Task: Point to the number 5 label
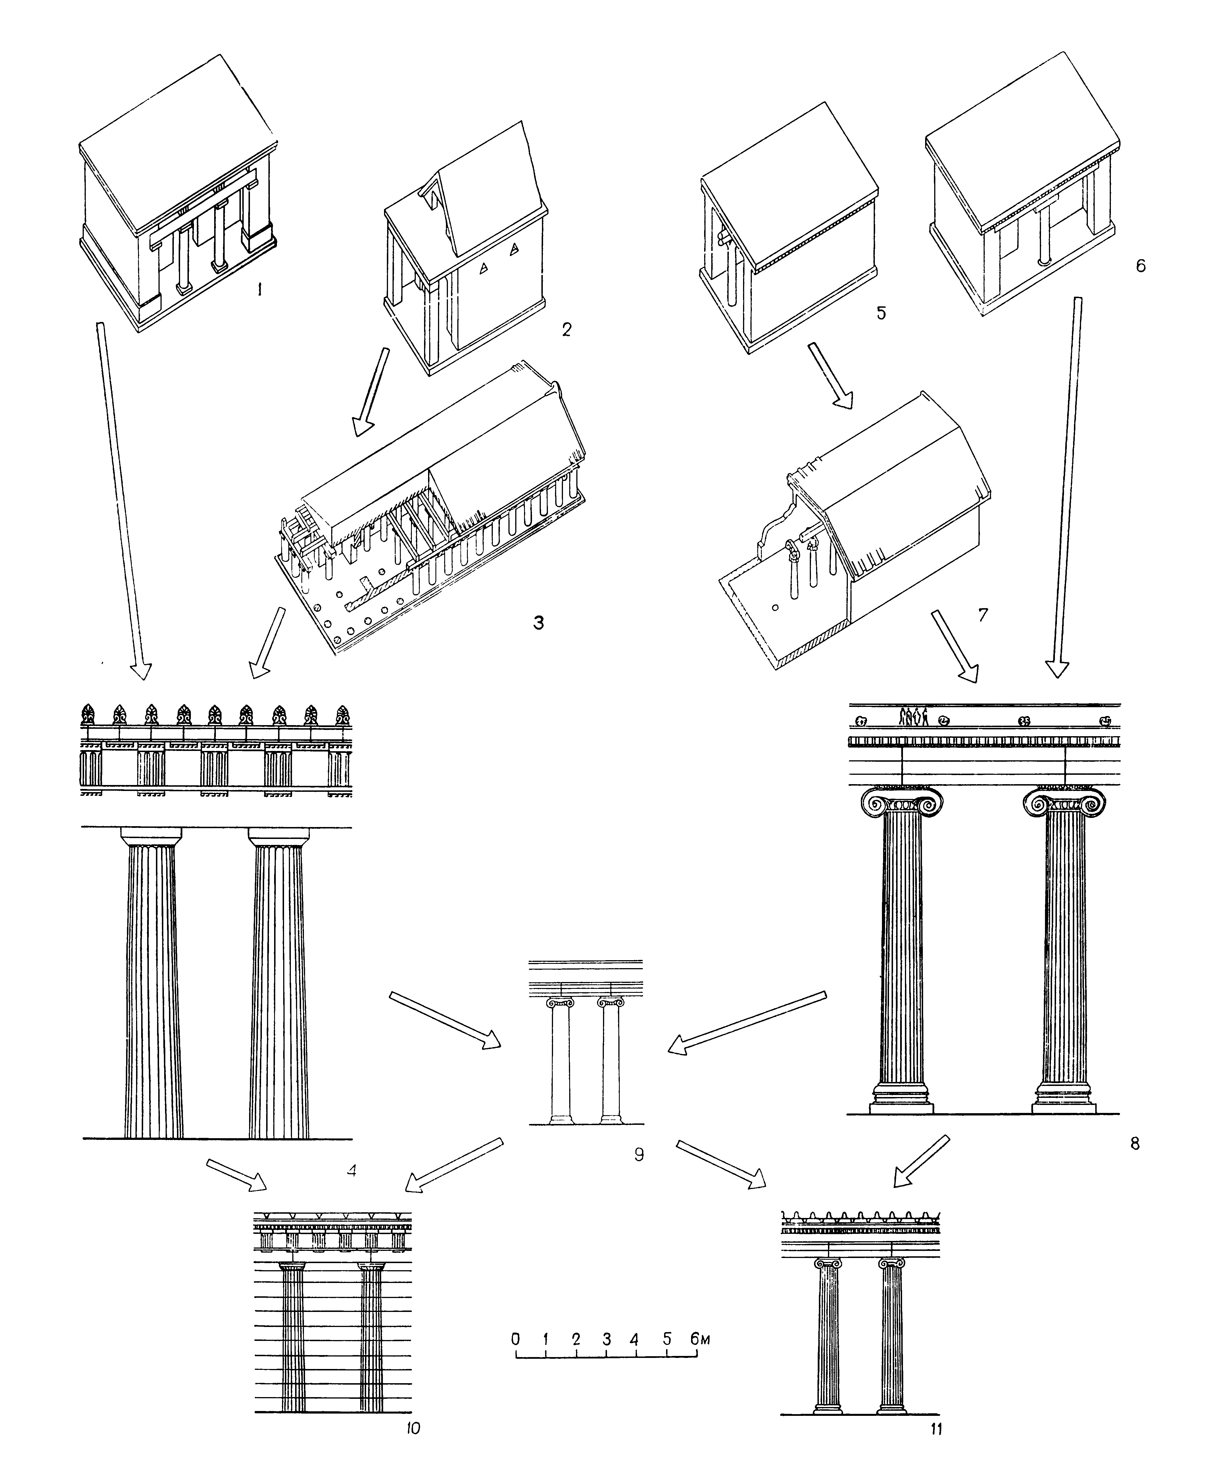[x=881, y=313]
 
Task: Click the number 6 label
[x=1140, y=265]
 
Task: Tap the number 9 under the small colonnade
[x=639, y=1155]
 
